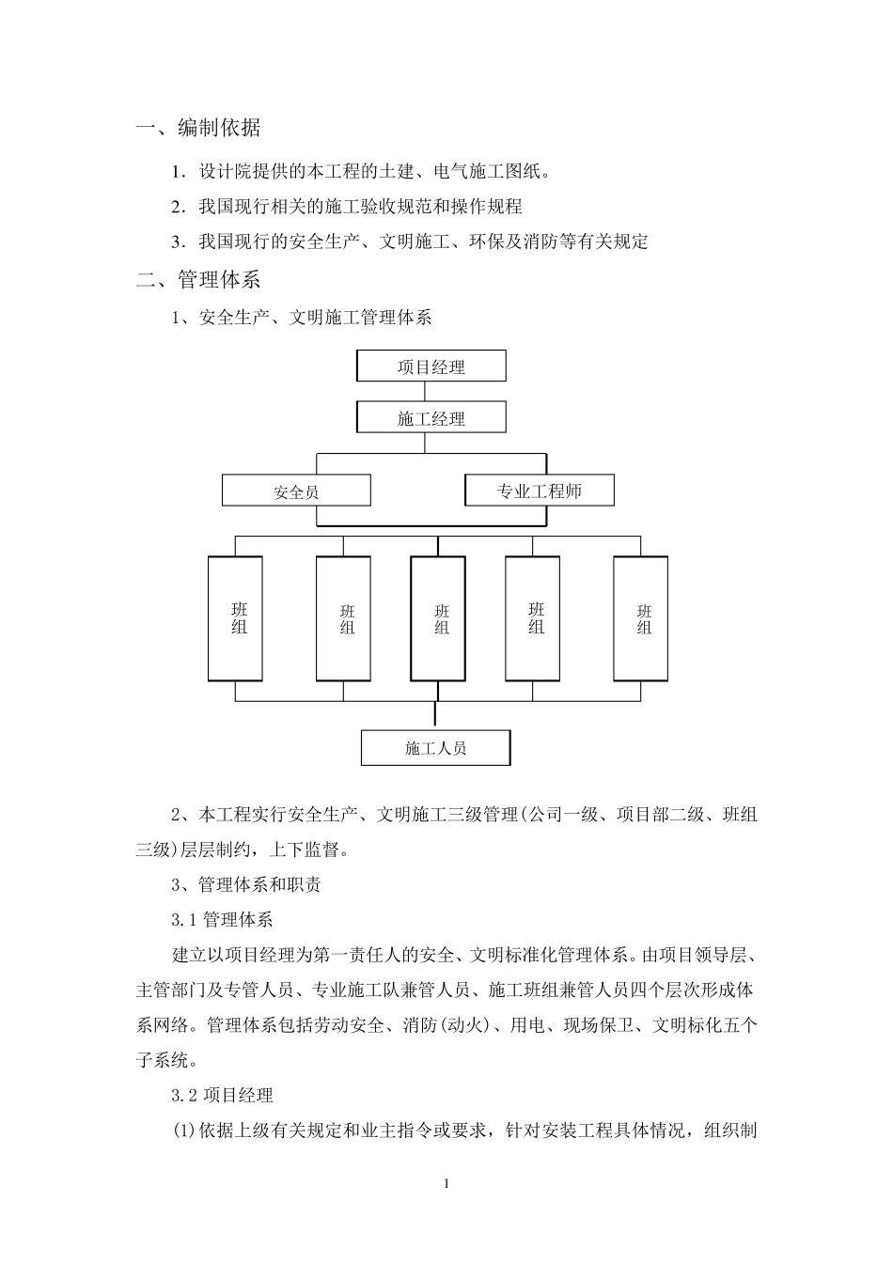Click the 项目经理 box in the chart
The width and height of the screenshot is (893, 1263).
[x=431, y=366]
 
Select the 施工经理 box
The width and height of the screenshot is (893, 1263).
[x=431, y=418]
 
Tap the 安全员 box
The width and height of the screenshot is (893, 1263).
[x=296, y=491]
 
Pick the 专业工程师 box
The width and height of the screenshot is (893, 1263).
[x=540, y=491]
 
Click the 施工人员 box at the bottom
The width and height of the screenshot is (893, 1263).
[x=435, y=748]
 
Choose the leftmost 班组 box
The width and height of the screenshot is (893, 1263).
[x=236, y=618]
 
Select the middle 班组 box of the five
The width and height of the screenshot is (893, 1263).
[x=438, y=618]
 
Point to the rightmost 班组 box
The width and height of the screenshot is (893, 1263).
[x=641, y=618]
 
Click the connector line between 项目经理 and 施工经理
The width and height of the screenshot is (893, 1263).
[x=431, y=392]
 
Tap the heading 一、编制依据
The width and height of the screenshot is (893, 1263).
[x=199, y=128]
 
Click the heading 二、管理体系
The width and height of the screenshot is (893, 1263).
[x=199, y=279]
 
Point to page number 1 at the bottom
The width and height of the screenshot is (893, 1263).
[x=446, y=1183]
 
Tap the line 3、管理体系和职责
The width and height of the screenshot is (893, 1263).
[x=246, y=884]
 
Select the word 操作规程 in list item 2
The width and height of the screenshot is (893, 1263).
[x=486, y=206]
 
